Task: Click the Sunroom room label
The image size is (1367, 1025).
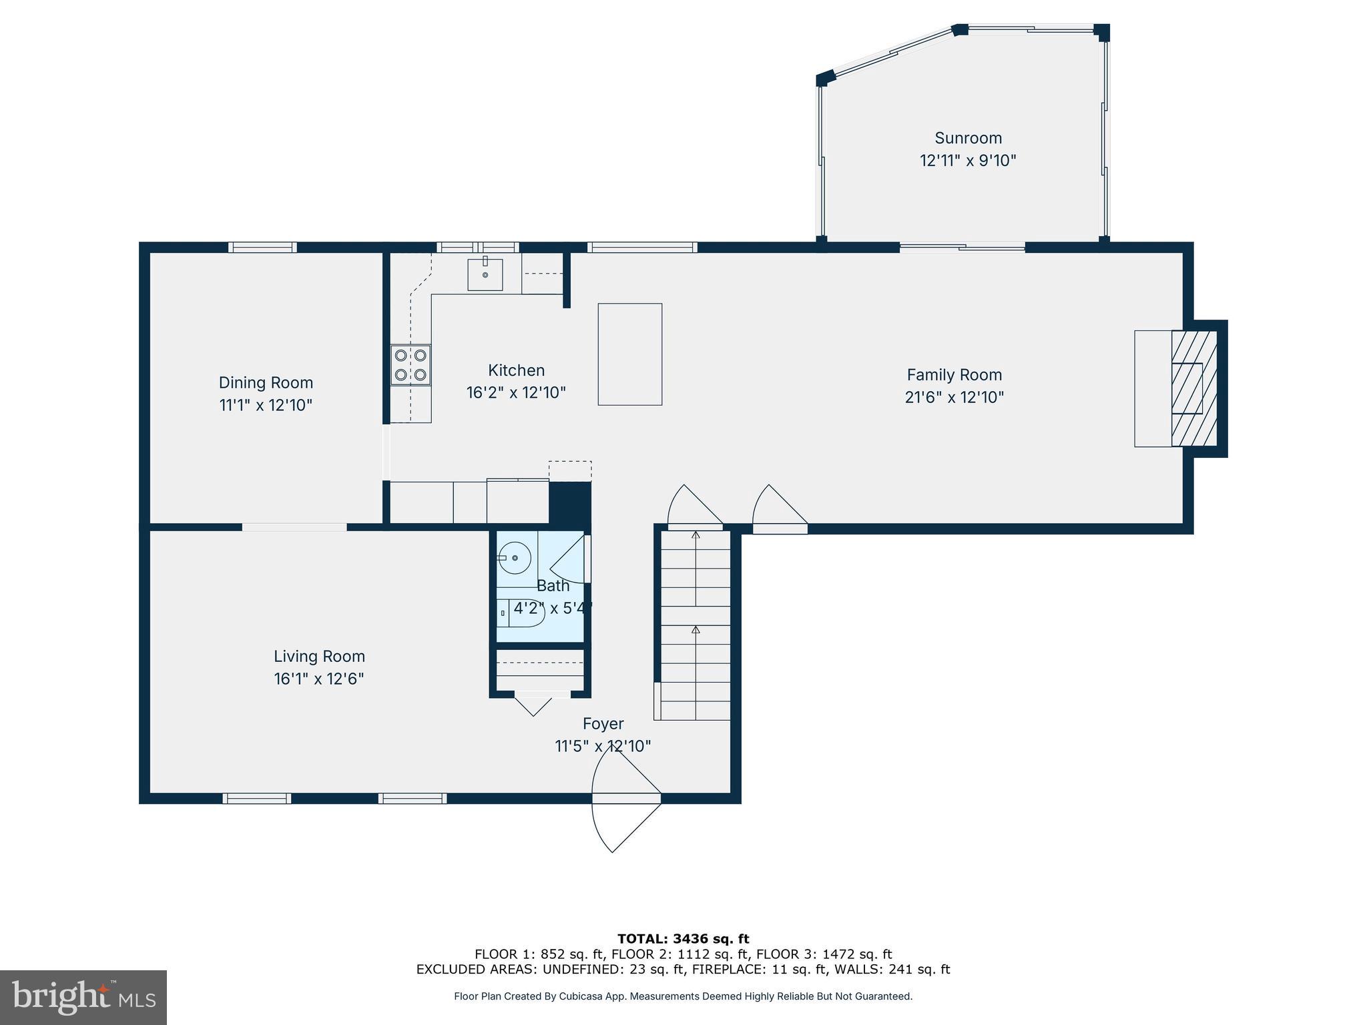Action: click(968, 138)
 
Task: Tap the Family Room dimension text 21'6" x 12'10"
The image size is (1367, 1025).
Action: click(954, 397)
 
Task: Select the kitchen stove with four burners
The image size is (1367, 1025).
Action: click(411, 365)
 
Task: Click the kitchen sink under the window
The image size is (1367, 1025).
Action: click(485, 274)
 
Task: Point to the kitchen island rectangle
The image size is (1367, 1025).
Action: click(629, 354)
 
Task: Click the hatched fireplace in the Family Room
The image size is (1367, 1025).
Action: click(1193, 388)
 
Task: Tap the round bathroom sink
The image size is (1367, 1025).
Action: click(514, 558)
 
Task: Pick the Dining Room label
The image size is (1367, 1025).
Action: click(266, 382)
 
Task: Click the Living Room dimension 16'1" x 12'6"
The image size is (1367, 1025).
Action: click(318, 679)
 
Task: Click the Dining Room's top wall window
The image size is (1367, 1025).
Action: click(262, 247)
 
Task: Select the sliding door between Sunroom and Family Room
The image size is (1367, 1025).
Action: click(962, 248)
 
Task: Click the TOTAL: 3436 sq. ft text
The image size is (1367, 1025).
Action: click(683, 939)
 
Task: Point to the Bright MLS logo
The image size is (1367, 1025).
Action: click(83, 998)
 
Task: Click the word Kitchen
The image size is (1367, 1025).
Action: click(516, 370)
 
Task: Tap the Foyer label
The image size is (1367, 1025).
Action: click(603, 723)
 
